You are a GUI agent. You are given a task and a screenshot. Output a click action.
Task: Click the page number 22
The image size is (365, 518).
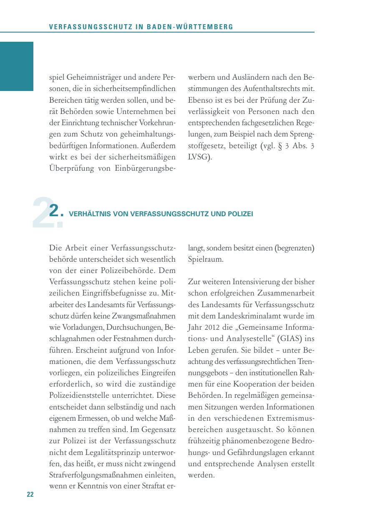[x=30, y=495]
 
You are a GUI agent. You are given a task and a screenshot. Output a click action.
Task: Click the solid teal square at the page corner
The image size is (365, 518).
[x=17, y=66]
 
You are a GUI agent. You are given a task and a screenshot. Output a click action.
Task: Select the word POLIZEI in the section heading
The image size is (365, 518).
[x=241, y=214]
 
